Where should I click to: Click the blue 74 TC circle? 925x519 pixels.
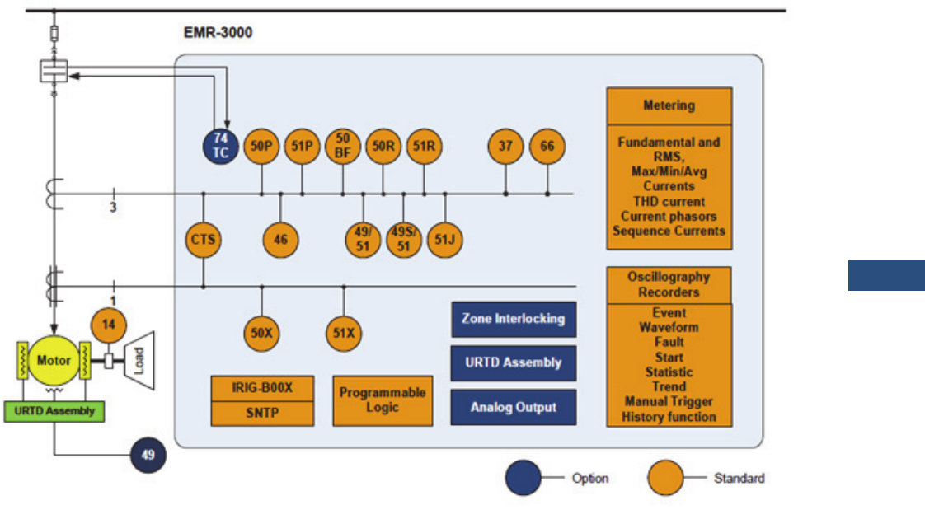point(221,147)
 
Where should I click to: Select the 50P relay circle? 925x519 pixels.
point(261,147)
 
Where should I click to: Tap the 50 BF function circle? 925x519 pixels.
point(342,147)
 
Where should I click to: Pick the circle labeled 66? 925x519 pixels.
point(547,147)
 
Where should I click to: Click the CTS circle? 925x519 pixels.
point(203,241)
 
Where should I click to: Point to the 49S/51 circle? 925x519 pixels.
point(403,241)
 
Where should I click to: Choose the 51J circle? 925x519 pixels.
point(444,241)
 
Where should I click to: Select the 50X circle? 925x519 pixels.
point(261,334)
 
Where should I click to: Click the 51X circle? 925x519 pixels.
point(343,334)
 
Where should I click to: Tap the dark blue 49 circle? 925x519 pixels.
point(148,455)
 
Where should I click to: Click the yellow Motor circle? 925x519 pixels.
point(53,361)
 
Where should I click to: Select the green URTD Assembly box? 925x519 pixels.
point(54,411)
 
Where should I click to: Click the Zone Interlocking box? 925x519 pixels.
point(513,319)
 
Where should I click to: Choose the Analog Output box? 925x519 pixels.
point(513,408)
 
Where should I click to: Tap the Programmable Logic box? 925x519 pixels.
point(383,400)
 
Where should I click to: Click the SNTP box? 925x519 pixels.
point(262,414)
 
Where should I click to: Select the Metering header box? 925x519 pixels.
point(669,105)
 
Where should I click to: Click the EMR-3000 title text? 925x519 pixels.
point(218,34)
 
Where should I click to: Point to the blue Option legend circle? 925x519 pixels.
point(523,478)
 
